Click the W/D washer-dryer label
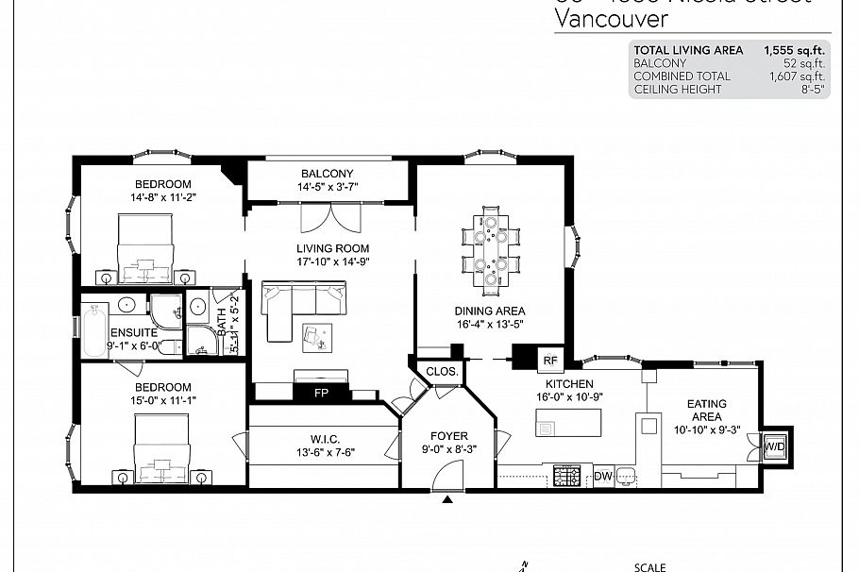click(774, 446)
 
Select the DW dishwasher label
click(603, 477)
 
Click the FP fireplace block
click(320, 393)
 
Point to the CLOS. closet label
click(441, 372)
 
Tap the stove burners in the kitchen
click(566, 477)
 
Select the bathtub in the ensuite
click(94, 328)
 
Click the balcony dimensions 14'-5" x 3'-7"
click(328, 188)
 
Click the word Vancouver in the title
click(611, 19)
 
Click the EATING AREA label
click(706, 411)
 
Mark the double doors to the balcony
click(330, 216)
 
